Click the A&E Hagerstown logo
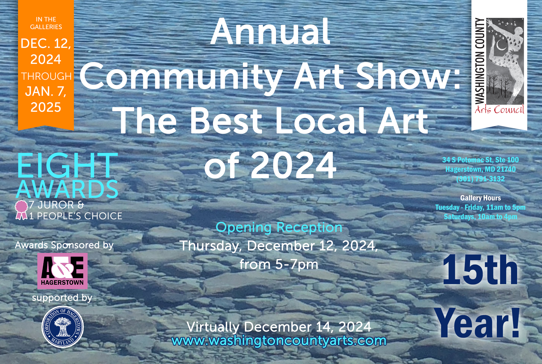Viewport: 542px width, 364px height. pyautogui.click(x=62, y=271)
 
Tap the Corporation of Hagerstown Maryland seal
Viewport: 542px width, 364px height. pyautogui.click(x=62, y=327)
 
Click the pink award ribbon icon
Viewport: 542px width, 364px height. pyautogui.click(x=21, y=210)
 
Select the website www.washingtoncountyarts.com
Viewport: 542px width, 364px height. pyautogui.click(x=279, y=341)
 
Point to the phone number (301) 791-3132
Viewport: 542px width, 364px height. pyautogui.click(x=480, y=179)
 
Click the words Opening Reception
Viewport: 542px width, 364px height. pyautogui.click(x=279, y=227)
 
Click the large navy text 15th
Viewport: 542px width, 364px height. pyautogui.click(x=480, y=270)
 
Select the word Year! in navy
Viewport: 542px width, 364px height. pyautogui.click(x=477, y=323)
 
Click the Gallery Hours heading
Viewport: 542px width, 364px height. pyautogui.click(x=481, y=198)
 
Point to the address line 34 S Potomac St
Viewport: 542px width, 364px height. pyautogui.click(x=480, y=160)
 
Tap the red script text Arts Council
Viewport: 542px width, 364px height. pyautogui.click(x=499, y=110)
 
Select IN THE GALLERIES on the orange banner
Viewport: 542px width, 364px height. pyautogui.click(x=46, y=23)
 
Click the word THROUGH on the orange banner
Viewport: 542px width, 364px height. pyautogui.click(x=46, y=76)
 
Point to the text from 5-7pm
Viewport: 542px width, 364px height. pyautogui.click(x=279, y=264)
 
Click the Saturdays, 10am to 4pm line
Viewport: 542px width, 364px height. pyautogui.click(x=481, y=217)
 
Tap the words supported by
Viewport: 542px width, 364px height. pyautogui.click(x=62, y=298)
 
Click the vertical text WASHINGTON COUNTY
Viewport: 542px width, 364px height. pyautogui.click(x=480, y=61)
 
